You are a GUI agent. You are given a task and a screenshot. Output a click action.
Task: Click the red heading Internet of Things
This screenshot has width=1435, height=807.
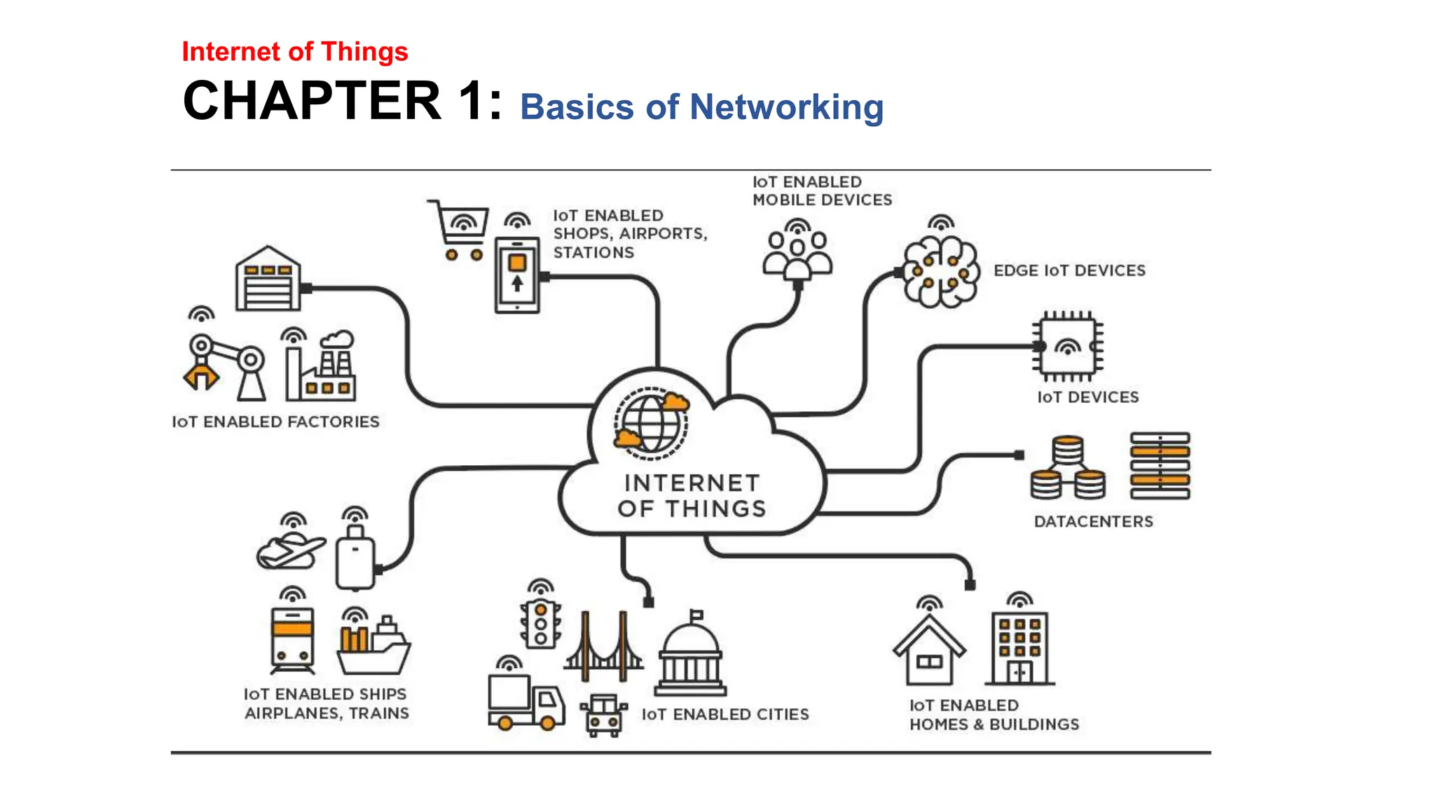tap(294, 52)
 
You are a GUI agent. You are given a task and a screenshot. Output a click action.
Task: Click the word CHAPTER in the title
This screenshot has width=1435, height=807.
tap(312, 101)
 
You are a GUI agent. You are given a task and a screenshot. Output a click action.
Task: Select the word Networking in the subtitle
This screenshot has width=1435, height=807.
tap(786, 107)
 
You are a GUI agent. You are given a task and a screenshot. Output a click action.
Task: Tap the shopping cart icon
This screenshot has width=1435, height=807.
tap(460, 230)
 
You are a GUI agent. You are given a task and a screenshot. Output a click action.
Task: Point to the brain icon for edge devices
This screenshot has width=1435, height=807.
tap(941, 272)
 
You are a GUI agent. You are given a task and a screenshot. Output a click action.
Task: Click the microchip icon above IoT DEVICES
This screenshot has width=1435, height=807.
tap(1067, 346)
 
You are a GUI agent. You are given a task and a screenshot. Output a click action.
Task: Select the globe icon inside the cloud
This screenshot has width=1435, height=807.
tap(651, 423)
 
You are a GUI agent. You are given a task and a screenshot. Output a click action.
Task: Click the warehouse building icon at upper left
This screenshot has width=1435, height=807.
tap(268, 280)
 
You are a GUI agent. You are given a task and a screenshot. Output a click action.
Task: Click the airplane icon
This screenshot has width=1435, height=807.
tap(290, 550)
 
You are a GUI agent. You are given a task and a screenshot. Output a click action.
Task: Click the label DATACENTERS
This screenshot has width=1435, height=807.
tap(1093, 522)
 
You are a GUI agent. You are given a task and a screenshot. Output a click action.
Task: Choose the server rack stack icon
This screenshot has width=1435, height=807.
tap(1160, 466)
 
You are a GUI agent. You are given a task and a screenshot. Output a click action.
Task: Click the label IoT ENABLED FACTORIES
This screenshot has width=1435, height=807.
tap(275, 422)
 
